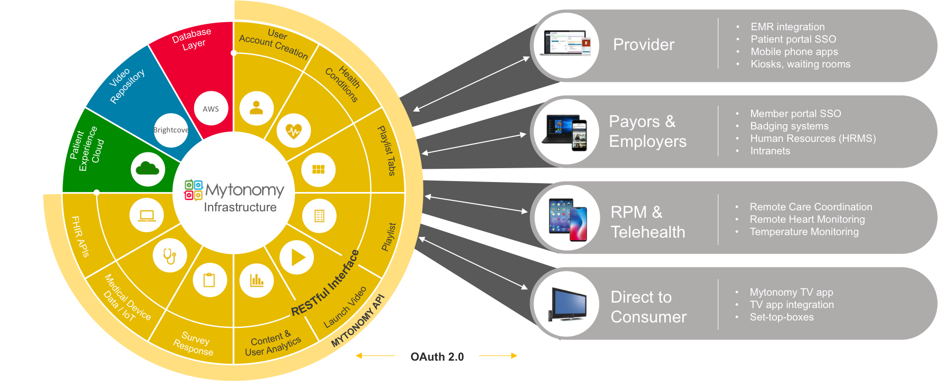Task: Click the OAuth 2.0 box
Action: (x=437, y=356)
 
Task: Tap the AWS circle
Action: (x=211, y=109)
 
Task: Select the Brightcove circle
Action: (x=171, y=130)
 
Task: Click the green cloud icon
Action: (x=147, y=169)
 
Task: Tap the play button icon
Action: (x=296, y=257)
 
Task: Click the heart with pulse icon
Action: (x=293, y=130)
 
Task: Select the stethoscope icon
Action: (x=170, y=255)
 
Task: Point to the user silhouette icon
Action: (x=256, y=108)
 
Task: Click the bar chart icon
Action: (x=256, y=280)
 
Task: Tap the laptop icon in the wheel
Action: (x=147, y=215)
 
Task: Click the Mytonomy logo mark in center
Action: (x=193, y=190)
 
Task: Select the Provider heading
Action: (x=643, y=45)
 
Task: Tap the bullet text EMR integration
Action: (x=787, y=27)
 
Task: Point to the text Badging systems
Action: (x=789, y=126)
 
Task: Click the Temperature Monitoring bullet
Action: (x=804, y=232)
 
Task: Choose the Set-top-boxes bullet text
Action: (x=781, y=317)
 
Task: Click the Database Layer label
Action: (x=192, y=39)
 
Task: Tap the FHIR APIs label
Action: (x=80, y=236)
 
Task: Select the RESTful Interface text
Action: (x=325, y=284)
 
